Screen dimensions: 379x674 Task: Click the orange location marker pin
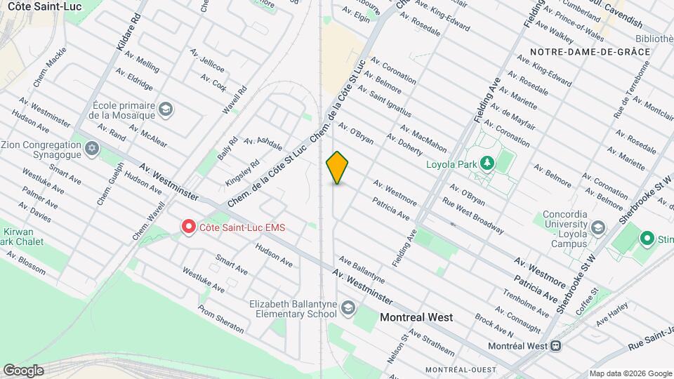point(338,167)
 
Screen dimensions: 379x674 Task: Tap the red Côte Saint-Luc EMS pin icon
point(189,227)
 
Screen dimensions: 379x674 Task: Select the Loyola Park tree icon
point(486,164)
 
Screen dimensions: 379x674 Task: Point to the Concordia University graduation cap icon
point(597,227)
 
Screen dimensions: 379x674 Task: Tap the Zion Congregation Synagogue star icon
point(91,149)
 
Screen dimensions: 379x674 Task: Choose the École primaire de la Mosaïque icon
point(165,109)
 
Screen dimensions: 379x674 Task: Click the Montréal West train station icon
point(555,345)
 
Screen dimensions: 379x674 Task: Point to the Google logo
point(23,370)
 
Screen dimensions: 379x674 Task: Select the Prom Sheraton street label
point(220,319)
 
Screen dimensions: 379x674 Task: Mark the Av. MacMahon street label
point(423,138)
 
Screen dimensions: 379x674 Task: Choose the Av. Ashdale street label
point(263,144)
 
